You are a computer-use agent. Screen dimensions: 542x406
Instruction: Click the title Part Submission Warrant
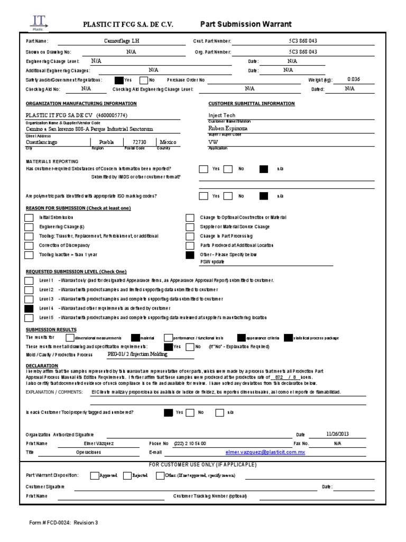[246, 24]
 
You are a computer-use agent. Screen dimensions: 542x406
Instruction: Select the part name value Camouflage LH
[123, 41]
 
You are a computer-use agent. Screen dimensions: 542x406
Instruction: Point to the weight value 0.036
[354, 79]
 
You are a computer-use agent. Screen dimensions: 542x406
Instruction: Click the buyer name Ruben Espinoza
[228, 128]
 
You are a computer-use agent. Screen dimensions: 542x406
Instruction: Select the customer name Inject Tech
[222, 115]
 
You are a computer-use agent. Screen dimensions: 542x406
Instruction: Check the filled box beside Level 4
[29, 308]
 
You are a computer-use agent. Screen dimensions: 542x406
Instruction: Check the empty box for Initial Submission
[29, 218]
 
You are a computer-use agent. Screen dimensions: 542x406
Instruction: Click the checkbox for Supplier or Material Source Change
[190, 227]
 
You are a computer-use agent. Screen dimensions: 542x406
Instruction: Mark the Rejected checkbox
[127, 475]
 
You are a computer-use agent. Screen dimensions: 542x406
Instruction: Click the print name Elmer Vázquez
[99, 443]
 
